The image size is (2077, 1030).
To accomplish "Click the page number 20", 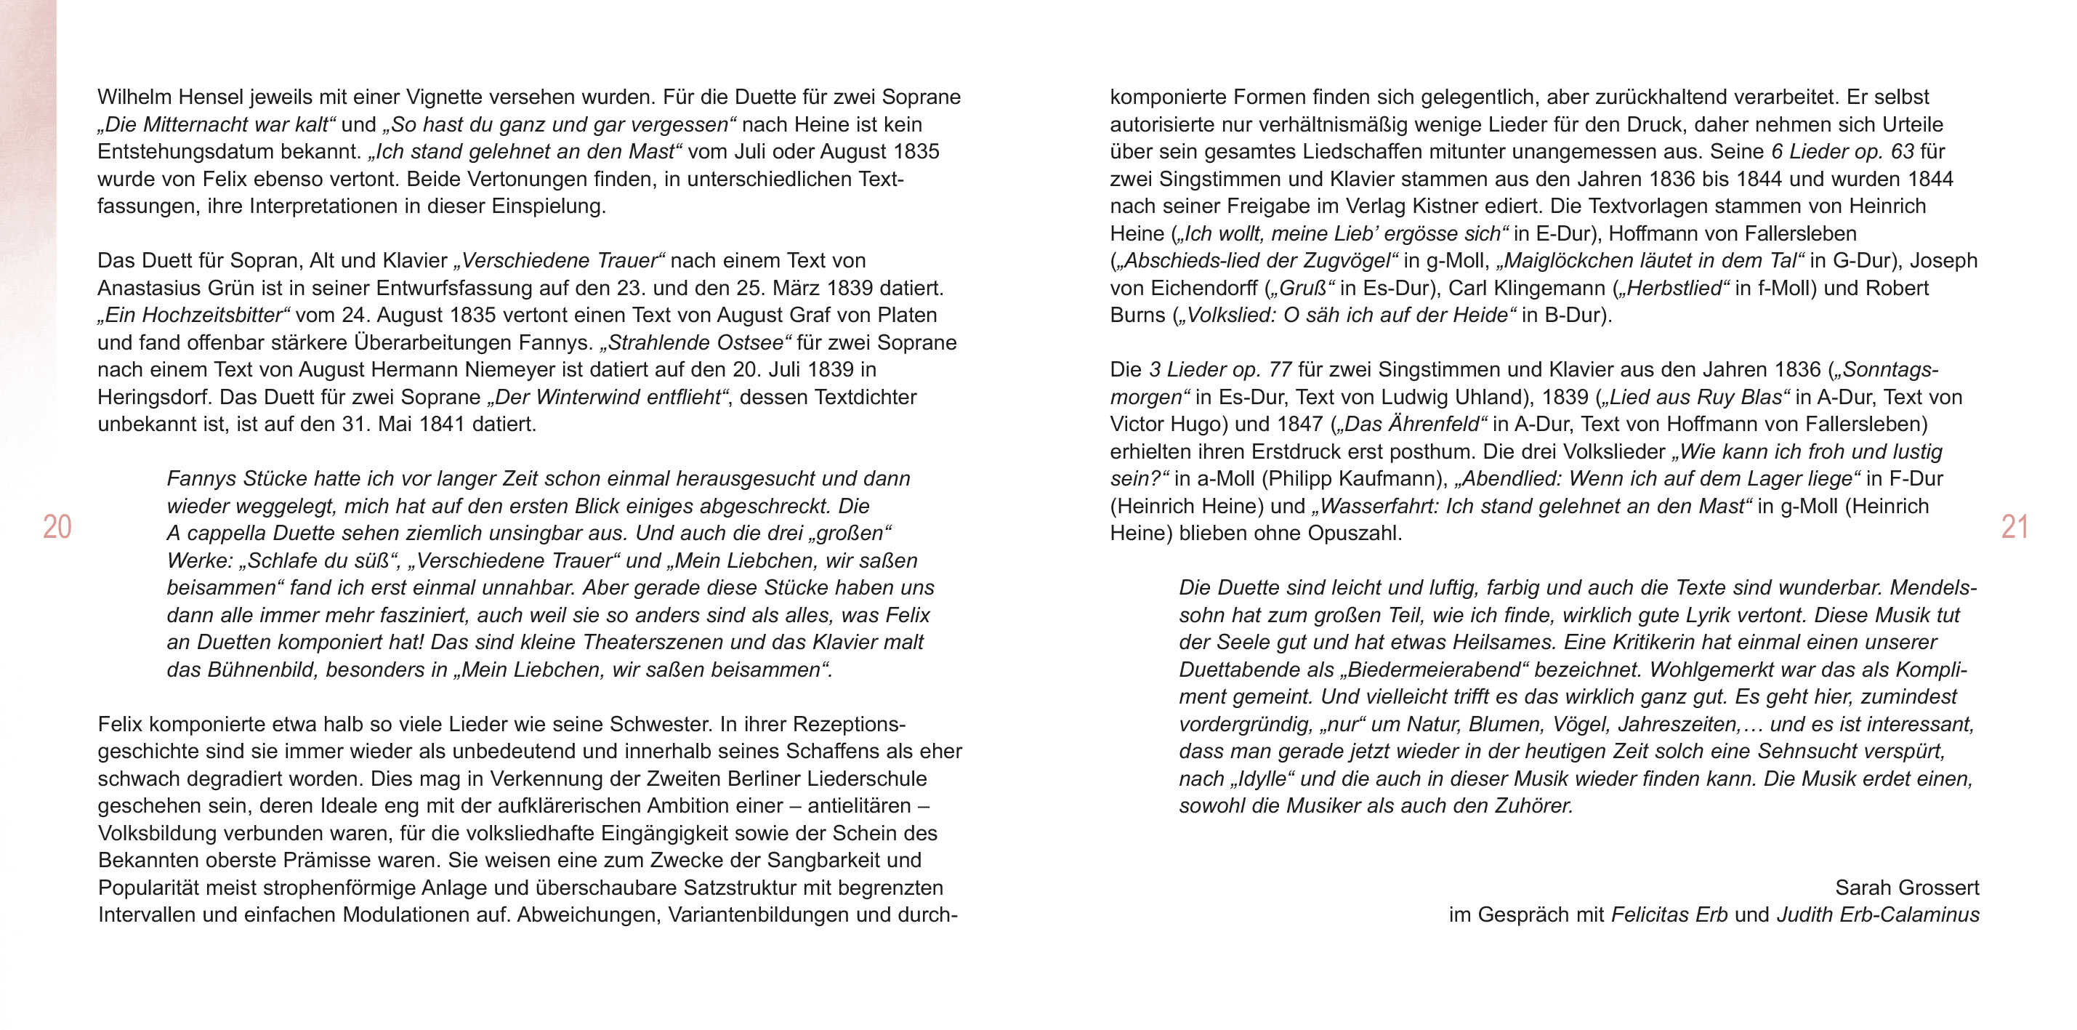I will click(57, 528).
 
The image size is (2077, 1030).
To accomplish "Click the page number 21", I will click(2014, 528).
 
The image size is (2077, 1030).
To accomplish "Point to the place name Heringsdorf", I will click(156, 397).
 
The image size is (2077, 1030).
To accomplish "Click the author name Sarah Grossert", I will click(1907, 888).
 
